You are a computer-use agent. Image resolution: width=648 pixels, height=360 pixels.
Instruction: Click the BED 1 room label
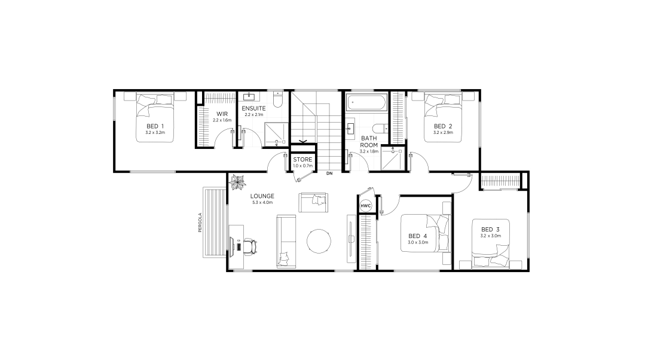tap(155, 126)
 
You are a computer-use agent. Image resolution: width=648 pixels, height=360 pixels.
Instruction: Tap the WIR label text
tap(222, 114)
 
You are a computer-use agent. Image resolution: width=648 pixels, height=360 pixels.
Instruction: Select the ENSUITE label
tap(253, 108)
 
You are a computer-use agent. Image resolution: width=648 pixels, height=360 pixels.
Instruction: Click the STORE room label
tap(302, 160)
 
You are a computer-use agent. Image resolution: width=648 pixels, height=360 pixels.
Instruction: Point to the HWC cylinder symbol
tap(366, 206)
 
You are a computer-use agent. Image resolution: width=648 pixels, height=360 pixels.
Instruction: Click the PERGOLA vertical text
tap(200, 222)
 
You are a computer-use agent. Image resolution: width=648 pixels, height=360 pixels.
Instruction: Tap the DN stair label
tap(329, 173)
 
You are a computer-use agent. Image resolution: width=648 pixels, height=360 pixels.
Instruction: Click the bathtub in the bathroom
tap(367, 102)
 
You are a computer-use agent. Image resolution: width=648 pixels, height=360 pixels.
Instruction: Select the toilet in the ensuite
tap(278, 99)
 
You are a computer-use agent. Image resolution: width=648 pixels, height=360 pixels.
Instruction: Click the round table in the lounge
tap(319, 242)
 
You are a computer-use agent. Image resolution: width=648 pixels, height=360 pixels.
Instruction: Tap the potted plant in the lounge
tap(238, 182)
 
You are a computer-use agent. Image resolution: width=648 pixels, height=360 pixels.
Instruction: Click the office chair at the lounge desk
tap(250, 246)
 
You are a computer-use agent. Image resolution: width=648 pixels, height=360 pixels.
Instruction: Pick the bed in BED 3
tap(491, 244)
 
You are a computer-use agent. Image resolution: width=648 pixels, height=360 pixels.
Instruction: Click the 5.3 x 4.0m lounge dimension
tap(262, 203)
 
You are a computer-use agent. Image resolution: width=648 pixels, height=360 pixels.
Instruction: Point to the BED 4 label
tap(417, 236)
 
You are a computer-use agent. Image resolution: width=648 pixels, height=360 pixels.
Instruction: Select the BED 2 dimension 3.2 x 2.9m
tap(443, 133)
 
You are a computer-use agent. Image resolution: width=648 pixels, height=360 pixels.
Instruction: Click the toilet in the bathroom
tap(380, 129)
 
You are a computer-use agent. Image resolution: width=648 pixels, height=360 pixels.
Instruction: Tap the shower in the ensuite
tap(276, 135)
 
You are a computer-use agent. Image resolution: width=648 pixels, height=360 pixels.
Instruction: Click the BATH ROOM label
tap(369, 142)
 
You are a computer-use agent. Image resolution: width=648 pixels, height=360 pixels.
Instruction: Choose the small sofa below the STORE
tap(313, 203)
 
